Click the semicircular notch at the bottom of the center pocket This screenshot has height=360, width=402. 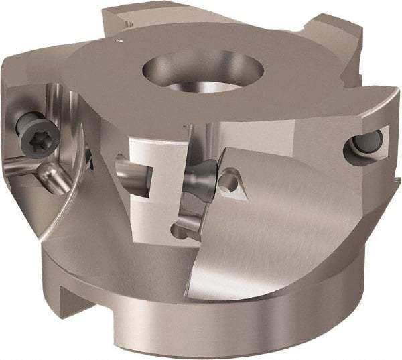(x=179, y=233)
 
